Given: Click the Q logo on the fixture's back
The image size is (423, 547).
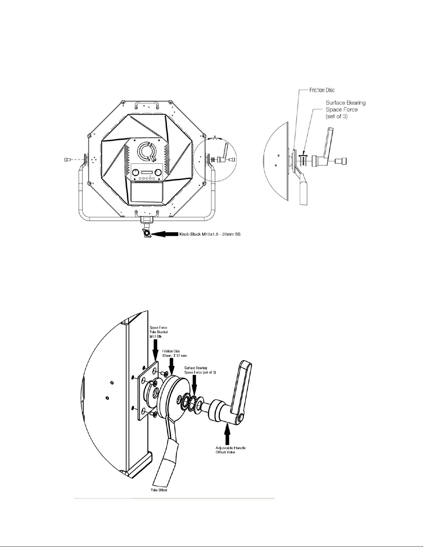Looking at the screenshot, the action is pos(146,151).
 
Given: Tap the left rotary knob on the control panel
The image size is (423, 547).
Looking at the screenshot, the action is pos(135,173).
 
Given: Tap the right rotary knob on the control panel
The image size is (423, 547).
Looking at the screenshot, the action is pos(158,173).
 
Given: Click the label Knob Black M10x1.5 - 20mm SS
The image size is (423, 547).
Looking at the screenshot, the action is pos(210,234).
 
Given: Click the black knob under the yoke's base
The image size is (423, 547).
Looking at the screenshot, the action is pos(146,234).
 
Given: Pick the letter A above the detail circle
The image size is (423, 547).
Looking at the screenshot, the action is pos(214,138).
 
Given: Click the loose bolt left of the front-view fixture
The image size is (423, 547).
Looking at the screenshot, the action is pos(67,159).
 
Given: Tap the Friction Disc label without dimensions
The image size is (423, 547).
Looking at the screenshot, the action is pos(322,90).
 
